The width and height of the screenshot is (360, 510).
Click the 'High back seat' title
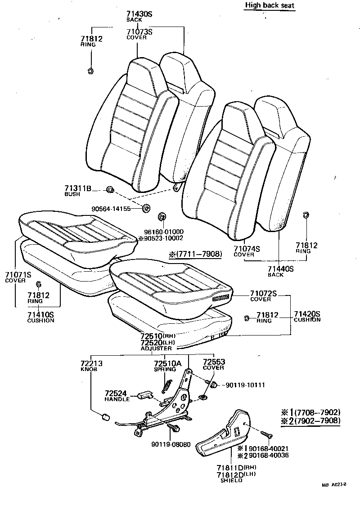pyautogui.click(x=270, y=5)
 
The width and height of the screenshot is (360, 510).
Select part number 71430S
pyautogui.click(x=139, y=14)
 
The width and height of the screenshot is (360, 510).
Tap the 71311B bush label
pyautogui.click(x=78, y=191)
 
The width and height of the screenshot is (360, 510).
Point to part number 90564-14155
pyautogui.click(x=111, y=209)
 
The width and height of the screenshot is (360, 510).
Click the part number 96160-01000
pyautogui.click(x=164, y=232)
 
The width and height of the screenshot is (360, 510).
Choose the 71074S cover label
pyautogui.click(x=247, y=251)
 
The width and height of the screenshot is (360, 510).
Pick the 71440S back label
pyautogui.click(x=281, y=271)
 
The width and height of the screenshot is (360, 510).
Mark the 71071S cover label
pyautogui.click(x=18, y=277)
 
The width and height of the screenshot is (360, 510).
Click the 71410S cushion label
pyautogui.click(x=40, y=317)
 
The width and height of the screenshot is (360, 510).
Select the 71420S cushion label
pyautogui.click(x=307, y=317)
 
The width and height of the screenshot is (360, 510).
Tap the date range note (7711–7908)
pyautogui.click(x=195, y=254)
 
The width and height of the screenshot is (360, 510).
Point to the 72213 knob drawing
pyautogui.click(x=105, y=416)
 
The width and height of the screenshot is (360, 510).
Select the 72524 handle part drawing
pyautogui.click(x=144, y=395)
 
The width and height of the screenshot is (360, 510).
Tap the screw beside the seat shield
pyautogui.click(x=266, y=434)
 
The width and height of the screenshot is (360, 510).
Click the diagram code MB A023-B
pyautogui.click(x=333, y=485)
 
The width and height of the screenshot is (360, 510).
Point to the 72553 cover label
pyautogui.click(x=214, y=365)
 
